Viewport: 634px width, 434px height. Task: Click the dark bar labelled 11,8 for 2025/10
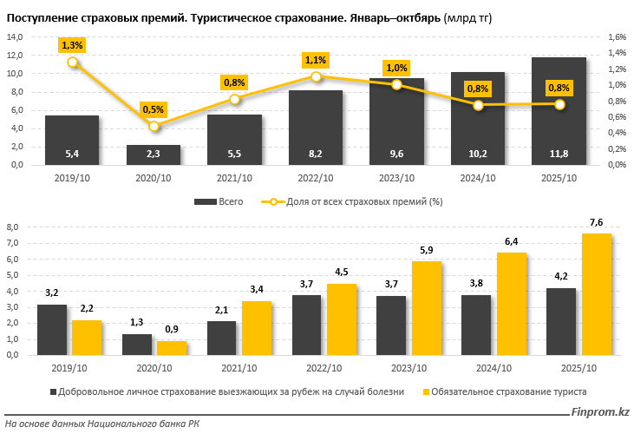coord(558,111)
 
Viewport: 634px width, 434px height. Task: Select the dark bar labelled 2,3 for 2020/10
coord(154,155)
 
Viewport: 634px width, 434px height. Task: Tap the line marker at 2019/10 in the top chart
coord(72,62)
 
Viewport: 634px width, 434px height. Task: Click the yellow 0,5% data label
coord(154,109)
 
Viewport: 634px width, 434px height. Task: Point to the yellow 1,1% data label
coord(316,60)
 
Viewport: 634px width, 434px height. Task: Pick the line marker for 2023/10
coord(396,84)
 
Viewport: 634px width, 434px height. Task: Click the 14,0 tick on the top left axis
coord(15,37)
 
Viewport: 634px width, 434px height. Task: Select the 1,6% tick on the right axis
coord(617,37)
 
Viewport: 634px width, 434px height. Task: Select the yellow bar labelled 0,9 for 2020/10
coord(171,347)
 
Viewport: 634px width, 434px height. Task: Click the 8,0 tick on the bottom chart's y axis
coord(13,227)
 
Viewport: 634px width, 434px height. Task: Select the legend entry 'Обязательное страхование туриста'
coord(508,391)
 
